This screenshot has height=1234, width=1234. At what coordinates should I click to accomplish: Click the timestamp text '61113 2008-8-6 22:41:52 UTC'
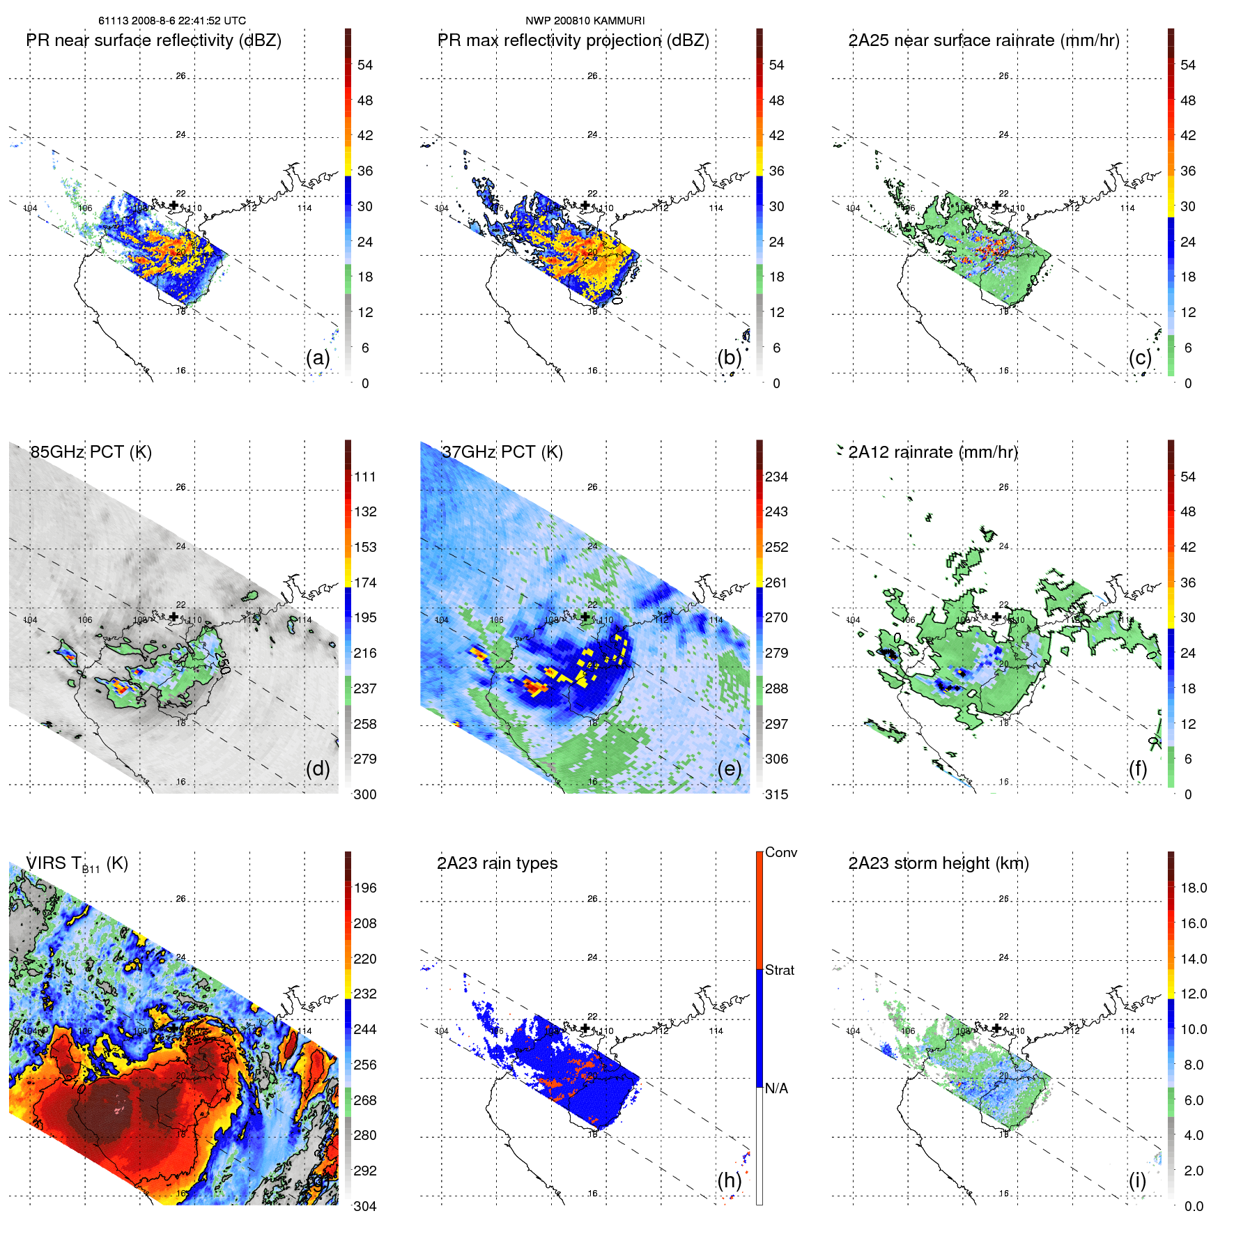pyautogui.click(x=171, y=21)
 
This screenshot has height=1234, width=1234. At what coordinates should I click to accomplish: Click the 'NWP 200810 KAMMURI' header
pyautogui.click(x=585, y=21)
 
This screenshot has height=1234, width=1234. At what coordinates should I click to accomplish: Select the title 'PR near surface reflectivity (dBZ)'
pyautogui.click(x=153, y=40)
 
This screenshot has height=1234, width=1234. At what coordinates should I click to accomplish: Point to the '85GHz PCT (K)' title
pyautogui.click(x=91, y=452)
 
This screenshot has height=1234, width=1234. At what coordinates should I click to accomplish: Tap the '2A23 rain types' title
pyautogui.click(x=497, y=863)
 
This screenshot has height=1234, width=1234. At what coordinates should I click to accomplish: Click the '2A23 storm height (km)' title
pyautogui.click(x=938, y=863)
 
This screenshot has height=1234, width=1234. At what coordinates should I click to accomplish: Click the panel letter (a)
pyautogui.click(x=317, y=358)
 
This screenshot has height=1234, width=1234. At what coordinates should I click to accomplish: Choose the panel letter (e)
pyautogui.click(x=729, y=769)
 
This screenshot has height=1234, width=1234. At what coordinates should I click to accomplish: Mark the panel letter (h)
pyautogui.click(x=729, y=1180)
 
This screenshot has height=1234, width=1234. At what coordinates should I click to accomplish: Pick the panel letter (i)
pyautogui.click(x=1137, y=1180)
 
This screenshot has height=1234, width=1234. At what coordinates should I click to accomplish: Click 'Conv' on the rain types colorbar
pyautogui.click(x=780, y=853)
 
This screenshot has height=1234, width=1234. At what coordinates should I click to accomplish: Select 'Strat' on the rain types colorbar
pyautogui.click(x=779, y=971)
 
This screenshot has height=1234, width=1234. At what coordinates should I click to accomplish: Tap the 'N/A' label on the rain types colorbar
pyautogui.click(x=776, y=1088)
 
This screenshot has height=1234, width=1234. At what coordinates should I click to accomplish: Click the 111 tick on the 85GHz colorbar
pyautogui.click(x=365, y=477)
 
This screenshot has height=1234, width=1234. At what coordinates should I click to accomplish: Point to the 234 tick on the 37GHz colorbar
pyautogui.click(x=776, y=477)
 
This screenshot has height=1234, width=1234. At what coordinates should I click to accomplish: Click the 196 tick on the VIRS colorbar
pyautogui.click(x=365, y=888)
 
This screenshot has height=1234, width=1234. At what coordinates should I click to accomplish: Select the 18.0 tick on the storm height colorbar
pyautogui.click(x=1193, y=888)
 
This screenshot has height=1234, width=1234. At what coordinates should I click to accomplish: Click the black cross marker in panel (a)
pyautogui.click(x=173, y=206)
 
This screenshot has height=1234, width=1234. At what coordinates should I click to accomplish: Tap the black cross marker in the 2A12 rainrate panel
pyautogui.click(x=996, y=617)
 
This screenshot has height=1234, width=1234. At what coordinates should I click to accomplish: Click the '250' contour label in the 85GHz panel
pyautogui.click(x=222, y=663)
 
